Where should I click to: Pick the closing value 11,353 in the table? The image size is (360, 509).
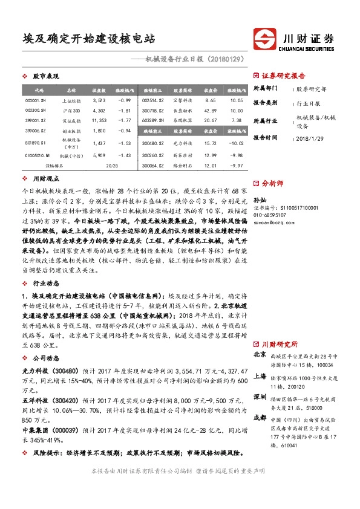click(99, 120)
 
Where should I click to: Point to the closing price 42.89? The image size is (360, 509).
click(211, 110)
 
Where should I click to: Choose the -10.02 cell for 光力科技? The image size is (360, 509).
click(237, 143)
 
